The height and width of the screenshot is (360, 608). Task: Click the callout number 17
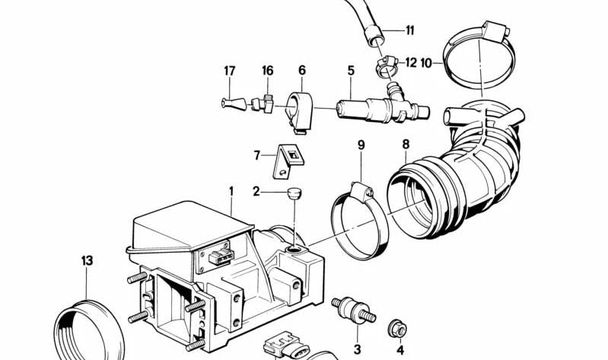click(x=230, y=71)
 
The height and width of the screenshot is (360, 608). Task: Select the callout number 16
click(x=268, y=71)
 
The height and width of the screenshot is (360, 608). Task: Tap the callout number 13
click(x=88, y=261)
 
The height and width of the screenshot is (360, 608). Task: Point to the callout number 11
click(x=410, y=30)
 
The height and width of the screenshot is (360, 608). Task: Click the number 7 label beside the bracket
click(x=256, y=155)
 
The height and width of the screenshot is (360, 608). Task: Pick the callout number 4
click(x=400, y=350)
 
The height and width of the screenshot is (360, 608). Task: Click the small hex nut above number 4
click(x=397, y=330)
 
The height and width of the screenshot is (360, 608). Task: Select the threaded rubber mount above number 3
click(x=353, y=310)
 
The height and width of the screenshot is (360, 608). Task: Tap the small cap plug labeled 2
click(x=294, y=193)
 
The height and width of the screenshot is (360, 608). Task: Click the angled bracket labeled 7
click(x=286, y=161)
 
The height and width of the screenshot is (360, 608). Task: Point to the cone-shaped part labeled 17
click(x=234, y=104)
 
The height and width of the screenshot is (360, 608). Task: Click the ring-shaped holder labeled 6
click(x=298, y=111)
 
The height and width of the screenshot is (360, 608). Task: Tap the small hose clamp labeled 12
click(x=387, y=65)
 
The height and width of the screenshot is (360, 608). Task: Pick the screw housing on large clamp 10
click(x=494, y=31)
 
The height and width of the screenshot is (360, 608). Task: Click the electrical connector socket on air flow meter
click(x=221, y=256)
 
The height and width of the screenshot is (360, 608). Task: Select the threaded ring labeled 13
click(x=89, y=330)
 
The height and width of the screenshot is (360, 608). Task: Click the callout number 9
click(x=361, y=145)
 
